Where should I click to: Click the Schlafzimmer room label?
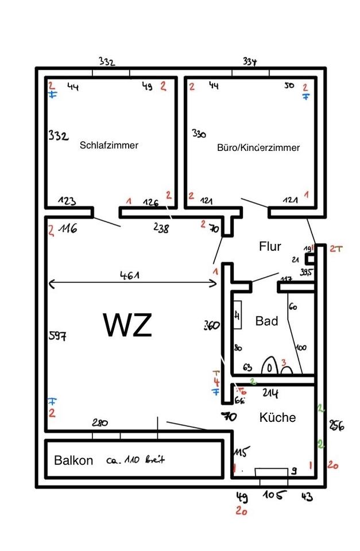[109, 145]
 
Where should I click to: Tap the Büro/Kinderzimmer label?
[258, 148]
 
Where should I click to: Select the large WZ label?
[127, 325]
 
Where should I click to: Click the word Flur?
[270, 247]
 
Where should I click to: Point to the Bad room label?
[266, 321]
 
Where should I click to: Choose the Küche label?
[277, 417]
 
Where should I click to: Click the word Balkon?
[73, 460]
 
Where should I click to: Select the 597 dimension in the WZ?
[58, 335]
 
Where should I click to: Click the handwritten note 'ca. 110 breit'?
[136, 460]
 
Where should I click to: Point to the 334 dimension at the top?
[250, 61]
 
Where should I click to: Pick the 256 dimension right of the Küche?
[336, 425]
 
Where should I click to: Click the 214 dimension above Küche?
[270, 393]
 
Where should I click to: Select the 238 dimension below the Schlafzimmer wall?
[161, 228]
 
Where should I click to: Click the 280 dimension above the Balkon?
[99, 423]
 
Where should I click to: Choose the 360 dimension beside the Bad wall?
[211, 325]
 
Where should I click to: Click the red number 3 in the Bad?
[283, 363]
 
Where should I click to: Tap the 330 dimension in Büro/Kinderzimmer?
[199, 134]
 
